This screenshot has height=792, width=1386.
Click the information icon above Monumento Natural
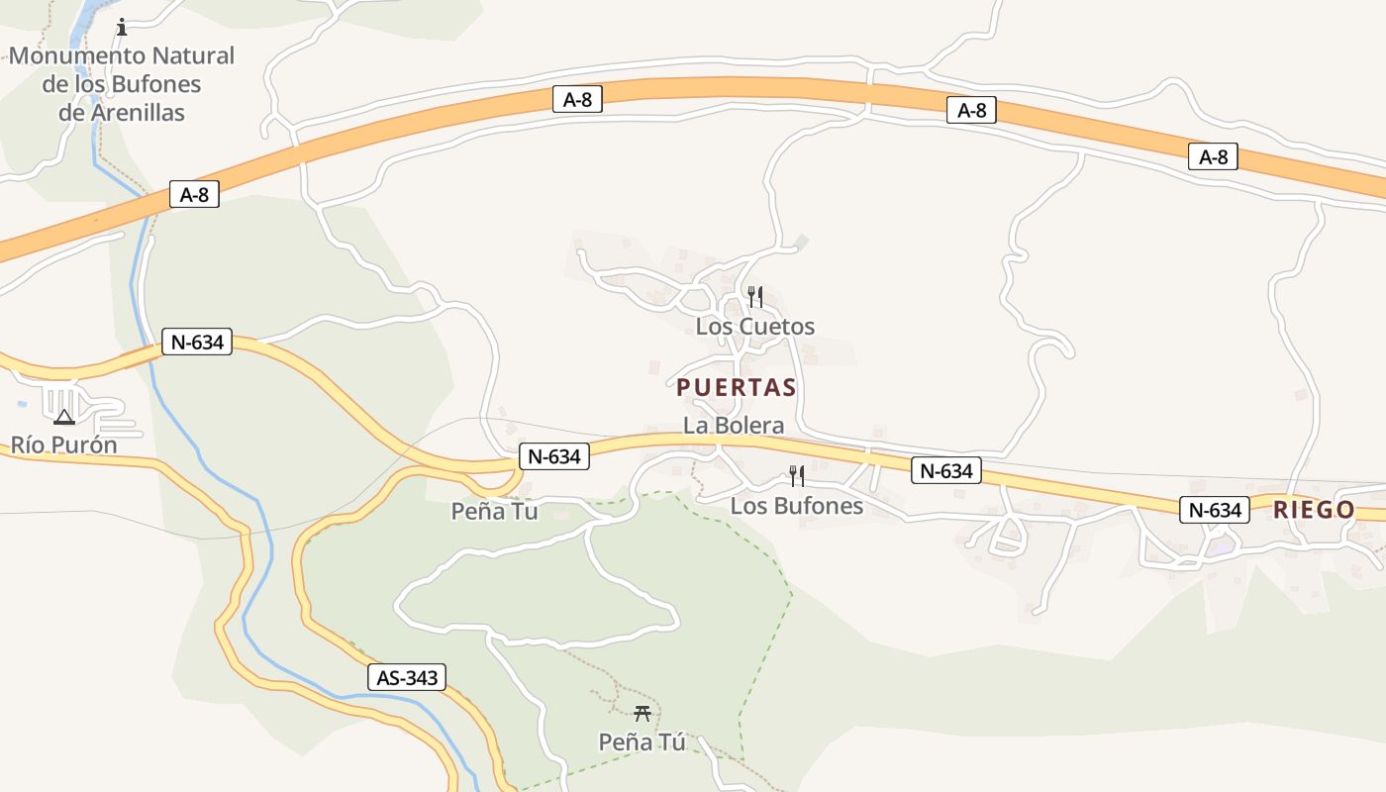coord(122,27)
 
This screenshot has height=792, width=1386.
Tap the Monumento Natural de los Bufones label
coord(122,84)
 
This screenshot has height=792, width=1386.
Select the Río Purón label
coord(64,445)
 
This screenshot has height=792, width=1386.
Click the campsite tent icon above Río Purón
coord(64,417)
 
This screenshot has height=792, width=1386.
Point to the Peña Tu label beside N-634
coord(494,511)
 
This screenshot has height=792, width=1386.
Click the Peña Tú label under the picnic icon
coord(642,742)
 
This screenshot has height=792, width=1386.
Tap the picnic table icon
coord(642,713)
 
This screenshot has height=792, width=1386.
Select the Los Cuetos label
coord(754,326)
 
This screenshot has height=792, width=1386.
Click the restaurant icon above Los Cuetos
coord(754,296)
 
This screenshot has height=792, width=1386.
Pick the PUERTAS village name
coord(736,387)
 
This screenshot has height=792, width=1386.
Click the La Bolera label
coord(733,426)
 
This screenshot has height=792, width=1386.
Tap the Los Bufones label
coord(796,506)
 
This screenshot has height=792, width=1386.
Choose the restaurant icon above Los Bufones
coord(796,476)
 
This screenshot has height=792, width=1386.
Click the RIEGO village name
coord(1314,510)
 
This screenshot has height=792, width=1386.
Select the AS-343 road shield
coord(406,677)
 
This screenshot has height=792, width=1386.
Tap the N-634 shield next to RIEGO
coord(1214,510)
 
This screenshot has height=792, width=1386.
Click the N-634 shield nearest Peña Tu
coord(553,456)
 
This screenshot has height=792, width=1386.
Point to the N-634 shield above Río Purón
coord(196,343)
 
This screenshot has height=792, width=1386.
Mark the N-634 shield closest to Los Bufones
coord(945,471)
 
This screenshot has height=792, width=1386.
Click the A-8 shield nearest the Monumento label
coord(194,194)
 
